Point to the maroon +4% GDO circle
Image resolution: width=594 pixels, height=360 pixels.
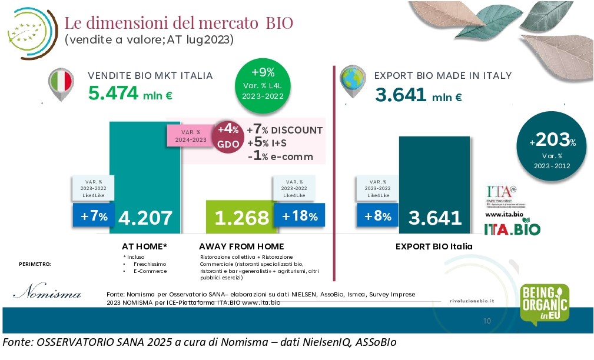click(x=228, y=136)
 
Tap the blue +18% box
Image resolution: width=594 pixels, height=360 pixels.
click(x=299, y=216)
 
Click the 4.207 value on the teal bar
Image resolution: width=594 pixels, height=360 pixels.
click(x=145, y=218)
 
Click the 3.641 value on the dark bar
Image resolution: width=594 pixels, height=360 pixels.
click(x=435, y=218)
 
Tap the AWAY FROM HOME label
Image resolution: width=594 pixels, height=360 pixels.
click(x=241, y=246)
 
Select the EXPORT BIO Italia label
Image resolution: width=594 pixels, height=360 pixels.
click(x=434, y=246)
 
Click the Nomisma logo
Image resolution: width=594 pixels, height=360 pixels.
click(x=47, y=292)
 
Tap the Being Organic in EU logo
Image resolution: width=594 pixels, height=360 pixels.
click(x=545, y=304)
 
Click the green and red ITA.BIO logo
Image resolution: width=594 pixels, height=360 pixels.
click(x=512, y=228)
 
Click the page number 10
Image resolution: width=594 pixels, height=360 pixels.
click(x=486, y=321)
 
